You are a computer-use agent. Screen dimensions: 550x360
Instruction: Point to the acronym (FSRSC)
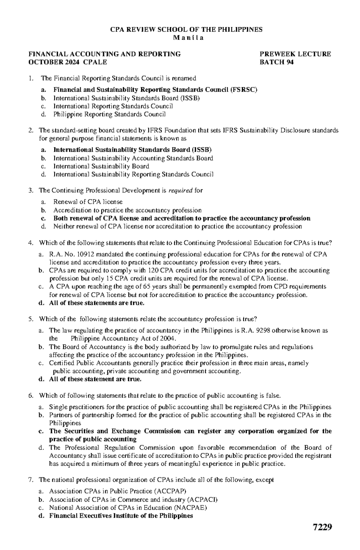244,90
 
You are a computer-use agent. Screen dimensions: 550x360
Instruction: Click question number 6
30,396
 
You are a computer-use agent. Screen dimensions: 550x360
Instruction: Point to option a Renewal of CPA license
88,202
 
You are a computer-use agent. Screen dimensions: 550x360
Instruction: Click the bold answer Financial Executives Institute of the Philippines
121,516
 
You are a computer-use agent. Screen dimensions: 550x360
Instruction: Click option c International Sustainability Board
101,166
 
